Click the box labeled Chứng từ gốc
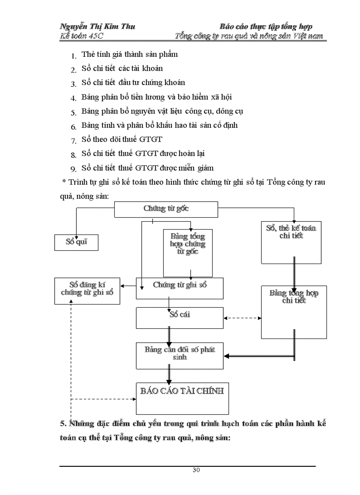point(166,209)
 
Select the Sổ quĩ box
point(76,242)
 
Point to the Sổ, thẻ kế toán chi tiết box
point(291,242)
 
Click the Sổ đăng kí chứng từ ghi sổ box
point(87,290)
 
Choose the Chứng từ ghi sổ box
point(180,288)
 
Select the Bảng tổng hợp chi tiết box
point(294,312)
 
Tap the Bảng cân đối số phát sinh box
point(180,355)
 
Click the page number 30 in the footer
point(196,470)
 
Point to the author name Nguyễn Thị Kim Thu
point(97,26)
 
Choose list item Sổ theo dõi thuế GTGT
point(122,139)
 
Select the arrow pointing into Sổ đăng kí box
point(128,286)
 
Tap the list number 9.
point(73,168)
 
